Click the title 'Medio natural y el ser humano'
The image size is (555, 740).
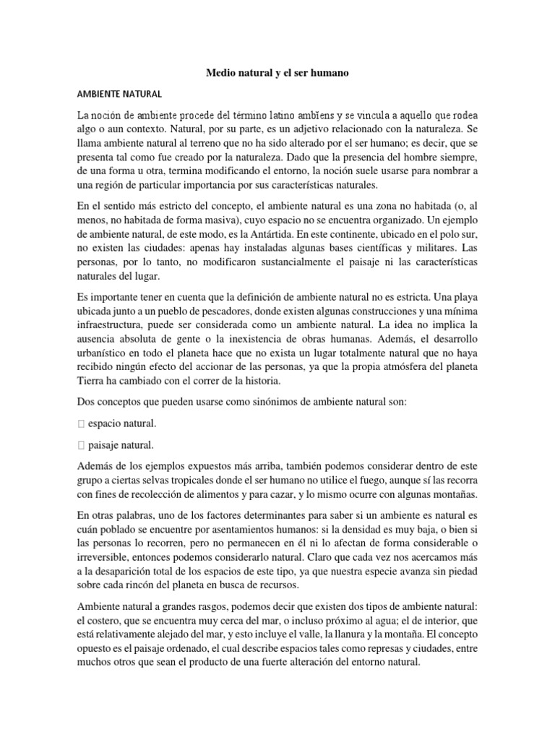click(277, 73)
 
